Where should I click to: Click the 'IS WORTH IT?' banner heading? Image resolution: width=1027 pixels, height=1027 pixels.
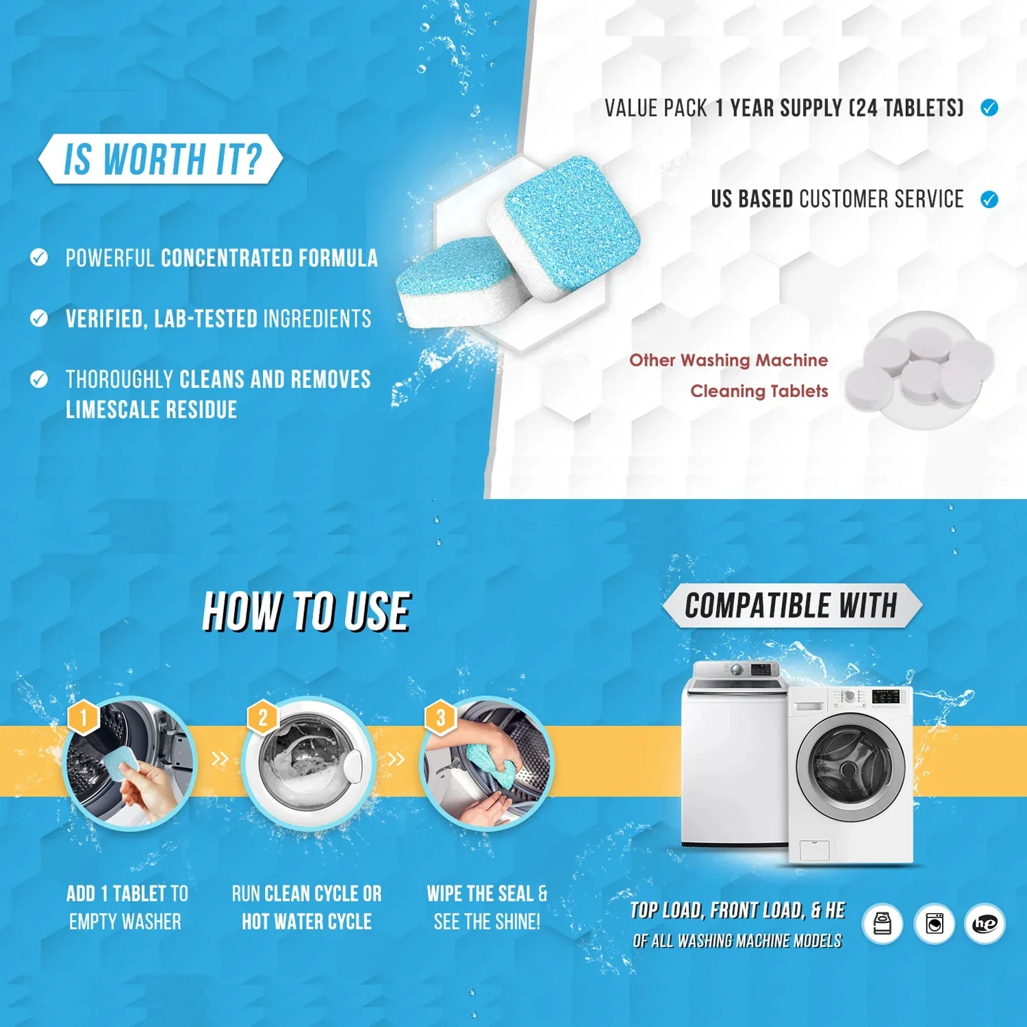pyautogui.click(x=162, y=159)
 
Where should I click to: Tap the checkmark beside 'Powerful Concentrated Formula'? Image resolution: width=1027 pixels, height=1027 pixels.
pyautogui.click(x=39, y=257)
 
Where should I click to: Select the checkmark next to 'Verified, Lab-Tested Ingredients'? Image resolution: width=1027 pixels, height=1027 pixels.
pyautogui.click(x=39, y=318)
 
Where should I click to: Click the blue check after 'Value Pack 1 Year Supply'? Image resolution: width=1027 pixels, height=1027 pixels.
pyautogui.click(x=989, y=107)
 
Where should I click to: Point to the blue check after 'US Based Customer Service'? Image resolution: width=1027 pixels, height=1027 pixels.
pyautogui.click(x=989, y=199)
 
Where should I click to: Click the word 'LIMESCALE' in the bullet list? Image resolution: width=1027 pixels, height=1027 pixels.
pyautogui.click(x=108, y=409)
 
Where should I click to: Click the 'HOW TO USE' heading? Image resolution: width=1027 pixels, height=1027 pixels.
pyautogui.click(x=306, y=611)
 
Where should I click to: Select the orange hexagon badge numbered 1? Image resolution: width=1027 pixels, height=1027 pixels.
pyautogui.click(x=84, y=718)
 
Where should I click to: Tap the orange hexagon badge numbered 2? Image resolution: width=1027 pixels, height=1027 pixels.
pyautogui.click(x=263, y=718)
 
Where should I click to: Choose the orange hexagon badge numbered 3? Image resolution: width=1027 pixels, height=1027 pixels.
pyautogui.click(x=441, y=718)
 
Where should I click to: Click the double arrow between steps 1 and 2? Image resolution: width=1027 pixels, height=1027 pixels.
pyautogui.click(x=220, y=759)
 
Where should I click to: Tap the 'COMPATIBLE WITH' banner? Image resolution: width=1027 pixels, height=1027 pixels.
pyautogui.click(x=791, y=606)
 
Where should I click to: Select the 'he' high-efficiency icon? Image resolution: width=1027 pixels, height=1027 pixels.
pyautogui.click(x=985, y=924)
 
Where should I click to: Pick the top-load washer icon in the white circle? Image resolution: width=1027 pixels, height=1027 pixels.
pyautogui.click(x=883, y=924)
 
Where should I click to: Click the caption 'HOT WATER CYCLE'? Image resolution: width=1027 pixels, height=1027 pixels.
pyautogui.click(x=307, y=922)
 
